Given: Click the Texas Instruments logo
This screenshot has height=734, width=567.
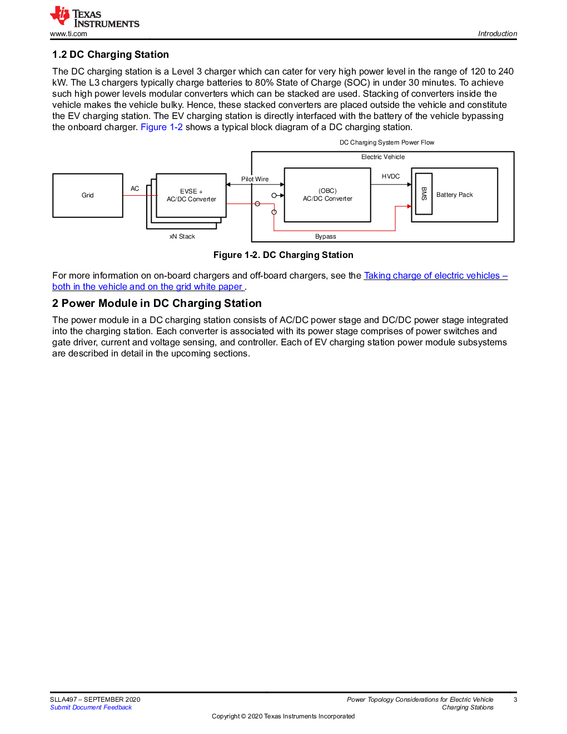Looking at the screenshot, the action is click(94, 16).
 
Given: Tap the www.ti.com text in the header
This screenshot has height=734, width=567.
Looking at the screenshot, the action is click(68, 34).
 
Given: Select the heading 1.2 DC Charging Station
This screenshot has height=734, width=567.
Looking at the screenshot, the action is click(111, 54).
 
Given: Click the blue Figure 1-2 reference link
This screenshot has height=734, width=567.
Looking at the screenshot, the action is click(161, 127).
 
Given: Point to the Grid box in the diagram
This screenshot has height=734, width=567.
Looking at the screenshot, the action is click(87, 195).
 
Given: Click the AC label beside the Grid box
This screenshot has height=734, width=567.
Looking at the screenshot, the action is click(135, 189).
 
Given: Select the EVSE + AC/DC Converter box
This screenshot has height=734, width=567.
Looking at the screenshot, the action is click(191, 195).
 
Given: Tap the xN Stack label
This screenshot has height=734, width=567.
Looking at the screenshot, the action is click(182, 236).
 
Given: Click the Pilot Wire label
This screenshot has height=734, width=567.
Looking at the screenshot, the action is click(255, 179).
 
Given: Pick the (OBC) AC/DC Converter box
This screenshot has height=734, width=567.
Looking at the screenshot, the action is click(327, 195).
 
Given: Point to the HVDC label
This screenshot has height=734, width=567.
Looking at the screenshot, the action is click(391, 176).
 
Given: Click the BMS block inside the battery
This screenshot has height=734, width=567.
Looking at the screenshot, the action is click(424, 194).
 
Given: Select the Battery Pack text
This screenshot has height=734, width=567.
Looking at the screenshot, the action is click(455, 195).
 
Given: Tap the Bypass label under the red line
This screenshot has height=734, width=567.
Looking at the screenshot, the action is click(326, 236).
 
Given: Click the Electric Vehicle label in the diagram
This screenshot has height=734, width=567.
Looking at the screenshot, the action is click(383, 157).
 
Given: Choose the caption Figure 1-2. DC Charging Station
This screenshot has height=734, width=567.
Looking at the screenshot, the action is click(283, 255).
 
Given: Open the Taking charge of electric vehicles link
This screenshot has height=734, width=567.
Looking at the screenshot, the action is click(436, 276).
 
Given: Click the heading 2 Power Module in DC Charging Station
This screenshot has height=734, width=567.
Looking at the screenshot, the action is click(157, 303).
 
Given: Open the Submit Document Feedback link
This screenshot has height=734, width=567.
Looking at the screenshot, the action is click(91, 707).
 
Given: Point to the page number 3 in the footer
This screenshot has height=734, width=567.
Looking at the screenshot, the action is click(515, 700).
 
